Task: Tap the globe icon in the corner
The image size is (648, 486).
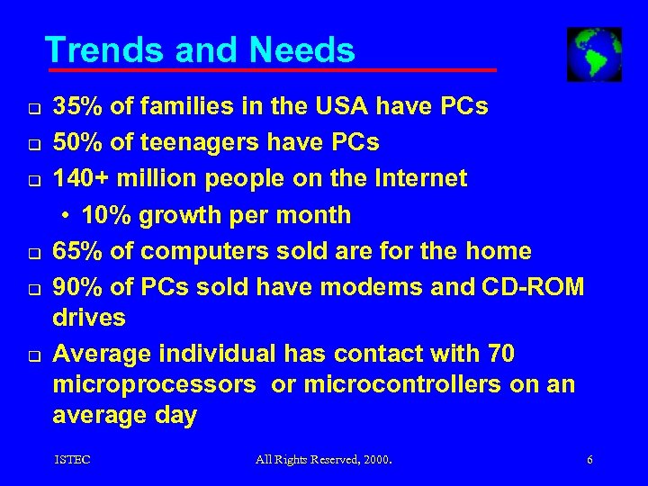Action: tap(594, 54)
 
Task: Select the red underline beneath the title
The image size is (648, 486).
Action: tap(271, 69)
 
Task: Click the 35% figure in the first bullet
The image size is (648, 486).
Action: tap(78, 107)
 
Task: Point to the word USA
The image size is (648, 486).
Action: tap(346, 107)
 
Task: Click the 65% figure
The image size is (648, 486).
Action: tap(78, 249)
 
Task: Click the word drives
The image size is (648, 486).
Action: tap(89, 318)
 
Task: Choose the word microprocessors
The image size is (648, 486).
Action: tap(154, 385)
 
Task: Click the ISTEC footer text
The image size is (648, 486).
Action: tap(72, 460)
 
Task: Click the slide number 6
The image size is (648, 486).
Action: tap(589, 460)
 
